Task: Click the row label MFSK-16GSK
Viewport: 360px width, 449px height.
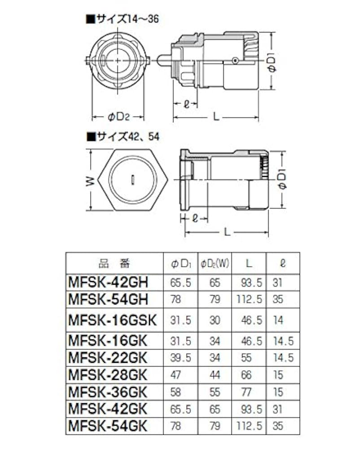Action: (x=112, y=320)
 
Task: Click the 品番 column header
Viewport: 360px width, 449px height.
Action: (x=114, y=263)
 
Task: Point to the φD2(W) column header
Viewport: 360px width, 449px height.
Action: (x=215, y=263)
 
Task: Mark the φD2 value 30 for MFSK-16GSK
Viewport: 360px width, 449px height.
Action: (x=215, y=320)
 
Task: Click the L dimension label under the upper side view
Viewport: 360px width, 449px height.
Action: (x=216, y=117)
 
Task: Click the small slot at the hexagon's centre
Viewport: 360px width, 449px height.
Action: (x=134, y=180)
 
